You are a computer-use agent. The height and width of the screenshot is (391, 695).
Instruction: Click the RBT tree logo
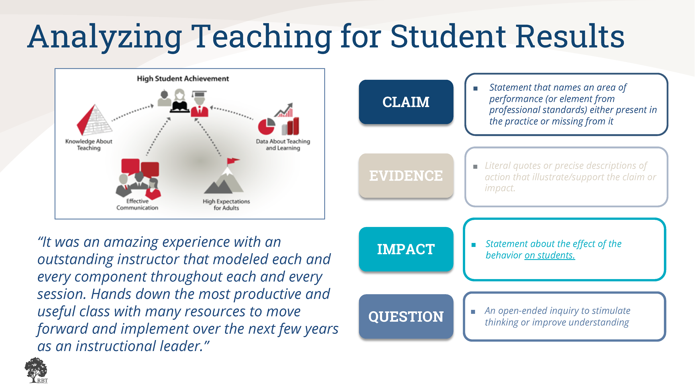point(36,370)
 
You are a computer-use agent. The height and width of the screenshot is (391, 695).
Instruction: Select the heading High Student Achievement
point(183,79)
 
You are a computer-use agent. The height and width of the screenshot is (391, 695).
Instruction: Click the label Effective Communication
point(137,204)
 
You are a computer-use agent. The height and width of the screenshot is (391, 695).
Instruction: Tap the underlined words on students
point(550,255)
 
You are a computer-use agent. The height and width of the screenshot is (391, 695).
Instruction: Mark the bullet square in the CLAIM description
point(475,88)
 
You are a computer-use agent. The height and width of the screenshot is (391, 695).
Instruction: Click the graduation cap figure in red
point(199,103)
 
